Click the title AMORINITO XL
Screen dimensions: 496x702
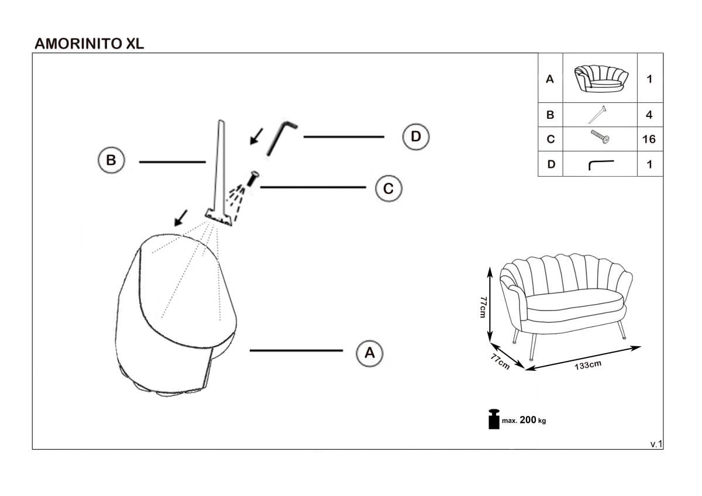point(90,43)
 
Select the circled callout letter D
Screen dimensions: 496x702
point(415,136)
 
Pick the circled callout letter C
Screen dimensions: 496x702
point(388,188)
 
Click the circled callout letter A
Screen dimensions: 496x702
point(369,353)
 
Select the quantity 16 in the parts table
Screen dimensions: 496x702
point(649,139)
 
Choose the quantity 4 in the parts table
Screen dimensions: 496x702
point(649,115)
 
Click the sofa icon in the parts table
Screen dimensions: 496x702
point(600,78)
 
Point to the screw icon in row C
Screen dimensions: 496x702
point(600,138)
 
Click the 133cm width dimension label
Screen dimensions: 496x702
point(587,366)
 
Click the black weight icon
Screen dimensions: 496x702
point(494,419)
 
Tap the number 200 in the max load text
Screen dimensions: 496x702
point(527,420)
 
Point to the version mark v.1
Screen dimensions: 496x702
point(656,444)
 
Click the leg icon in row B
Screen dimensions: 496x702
point(597,114)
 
